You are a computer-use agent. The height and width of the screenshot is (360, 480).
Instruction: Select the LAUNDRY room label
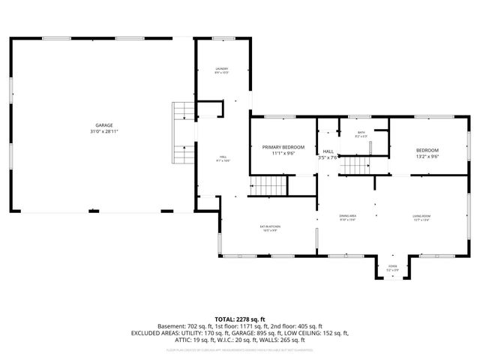click(221, 68)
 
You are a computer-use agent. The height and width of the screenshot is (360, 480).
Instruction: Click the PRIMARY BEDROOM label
click(283, 147)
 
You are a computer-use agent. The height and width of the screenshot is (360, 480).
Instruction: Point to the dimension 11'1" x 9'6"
click(283, 153)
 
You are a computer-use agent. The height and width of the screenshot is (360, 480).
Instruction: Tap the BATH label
click(361, 132)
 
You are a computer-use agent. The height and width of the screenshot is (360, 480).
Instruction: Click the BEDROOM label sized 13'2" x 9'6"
click(427, 151)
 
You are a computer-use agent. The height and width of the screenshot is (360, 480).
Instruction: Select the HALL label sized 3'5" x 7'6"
click(328, 151)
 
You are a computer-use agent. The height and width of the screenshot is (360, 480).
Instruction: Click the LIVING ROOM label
click(421, 216)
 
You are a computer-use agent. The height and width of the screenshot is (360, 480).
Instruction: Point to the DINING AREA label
click(347, 216)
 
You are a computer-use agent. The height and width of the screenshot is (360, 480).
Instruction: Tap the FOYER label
click(392, 266)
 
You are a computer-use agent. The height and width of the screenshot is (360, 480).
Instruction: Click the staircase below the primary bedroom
click(267, 184)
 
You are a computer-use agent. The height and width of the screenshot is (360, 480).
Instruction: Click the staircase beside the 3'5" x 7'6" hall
click(356, 166)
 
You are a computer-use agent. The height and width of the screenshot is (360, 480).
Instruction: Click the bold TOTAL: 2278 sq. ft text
click(240, 319)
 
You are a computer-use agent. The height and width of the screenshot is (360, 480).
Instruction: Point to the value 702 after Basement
click(201, 326)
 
